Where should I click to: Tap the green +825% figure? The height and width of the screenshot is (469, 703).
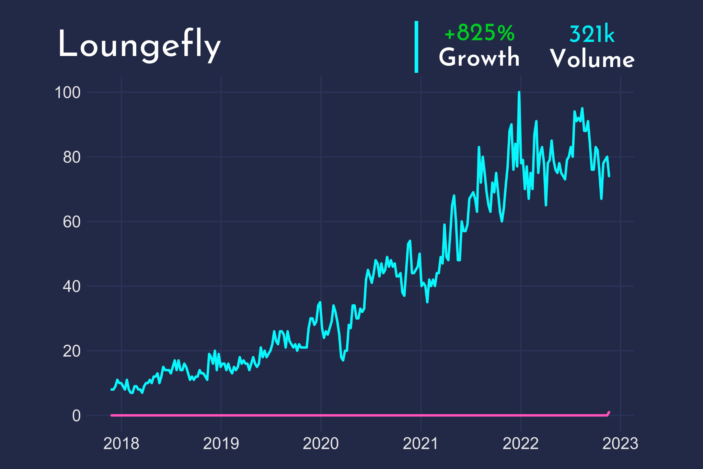click(x=479, y=33)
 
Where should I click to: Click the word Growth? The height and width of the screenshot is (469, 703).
click(x=479, y=57)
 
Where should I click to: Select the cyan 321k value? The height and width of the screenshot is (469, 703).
click(x=592, y=35)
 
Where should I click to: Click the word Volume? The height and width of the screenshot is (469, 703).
click(x=592, y=59)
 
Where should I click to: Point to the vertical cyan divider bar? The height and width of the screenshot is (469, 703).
click(x=416, y=47)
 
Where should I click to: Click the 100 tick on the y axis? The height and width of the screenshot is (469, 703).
click(x=68, y=92)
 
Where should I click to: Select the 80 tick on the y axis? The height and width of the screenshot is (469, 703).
click(x=71, y=157)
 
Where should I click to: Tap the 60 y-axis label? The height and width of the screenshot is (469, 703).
click(x=71, y=222)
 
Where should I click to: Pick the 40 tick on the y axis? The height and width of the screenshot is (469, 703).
click(x=71, y=286)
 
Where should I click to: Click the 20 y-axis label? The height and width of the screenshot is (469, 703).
click(x=71, y=351)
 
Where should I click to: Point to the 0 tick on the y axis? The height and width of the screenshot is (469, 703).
click(x=76, y=416)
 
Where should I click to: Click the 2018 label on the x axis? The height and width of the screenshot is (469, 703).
click(x=121, y=444)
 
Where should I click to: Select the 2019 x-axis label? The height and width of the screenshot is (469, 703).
click(x=221, y=444)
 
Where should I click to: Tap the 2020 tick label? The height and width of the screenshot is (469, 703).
click(x=321, y=444)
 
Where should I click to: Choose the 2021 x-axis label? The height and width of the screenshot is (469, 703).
click(x=420, y=444)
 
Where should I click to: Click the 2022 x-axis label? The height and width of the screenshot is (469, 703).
click(x=520, y=444)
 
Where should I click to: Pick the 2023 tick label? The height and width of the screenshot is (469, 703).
click(x=620, y=444)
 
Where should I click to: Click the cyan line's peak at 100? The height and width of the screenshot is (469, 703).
click(x=519, y=93)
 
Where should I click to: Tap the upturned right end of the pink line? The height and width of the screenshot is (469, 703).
click(x=609, y=412)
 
